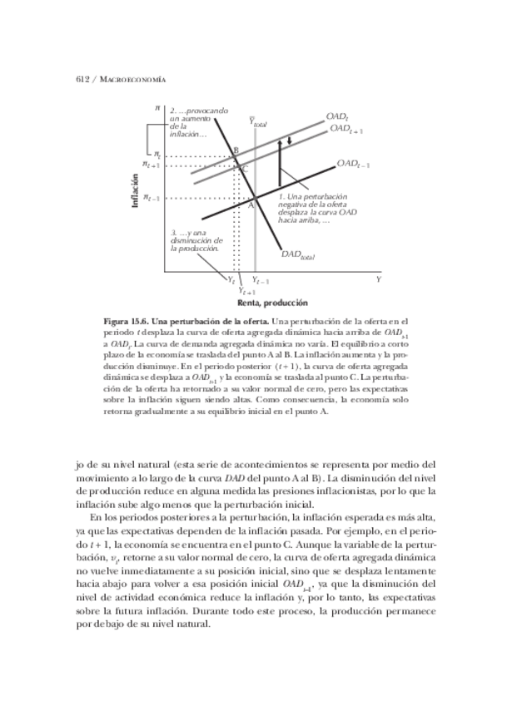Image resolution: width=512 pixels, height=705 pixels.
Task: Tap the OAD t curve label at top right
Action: point(336,118)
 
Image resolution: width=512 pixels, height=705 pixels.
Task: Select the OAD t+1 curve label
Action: point(345,130)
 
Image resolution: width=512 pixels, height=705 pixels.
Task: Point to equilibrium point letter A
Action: point(251,204)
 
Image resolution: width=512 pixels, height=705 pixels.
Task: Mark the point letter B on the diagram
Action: point(236,150)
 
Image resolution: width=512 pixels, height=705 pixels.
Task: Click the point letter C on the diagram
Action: point(244,169)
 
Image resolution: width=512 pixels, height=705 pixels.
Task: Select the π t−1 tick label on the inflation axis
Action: point(151,198)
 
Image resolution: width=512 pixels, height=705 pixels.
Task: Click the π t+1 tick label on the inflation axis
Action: point(151,165)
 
